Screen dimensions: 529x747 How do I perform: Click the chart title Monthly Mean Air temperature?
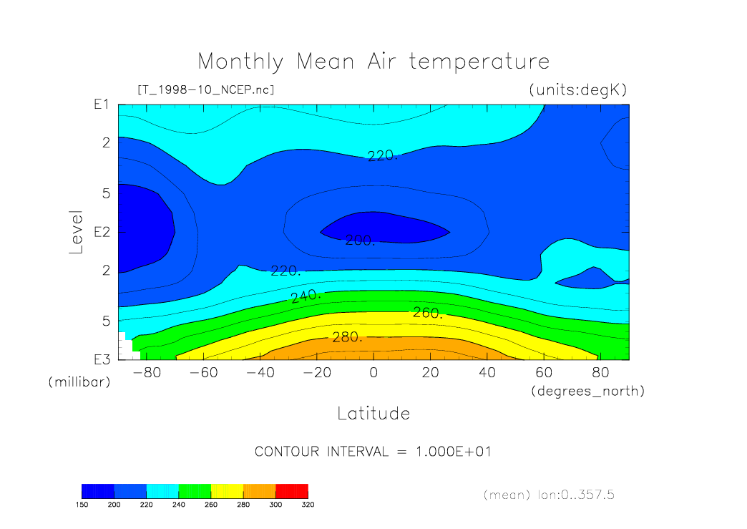373,62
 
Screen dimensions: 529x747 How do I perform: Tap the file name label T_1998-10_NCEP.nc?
205,90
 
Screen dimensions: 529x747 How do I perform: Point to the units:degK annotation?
577,90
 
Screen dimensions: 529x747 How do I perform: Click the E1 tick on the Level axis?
100,105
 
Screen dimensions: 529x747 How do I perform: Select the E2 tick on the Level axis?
100,233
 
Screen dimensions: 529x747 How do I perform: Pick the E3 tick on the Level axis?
100,359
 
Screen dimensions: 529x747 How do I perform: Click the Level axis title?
77,232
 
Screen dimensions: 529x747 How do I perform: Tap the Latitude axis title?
373,414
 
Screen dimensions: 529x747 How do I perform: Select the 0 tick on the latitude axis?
373,373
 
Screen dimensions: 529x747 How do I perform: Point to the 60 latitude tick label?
544,373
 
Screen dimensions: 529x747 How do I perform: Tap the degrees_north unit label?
587,392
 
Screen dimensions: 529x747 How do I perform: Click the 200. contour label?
360,241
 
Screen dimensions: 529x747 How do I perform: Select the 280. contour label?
347,337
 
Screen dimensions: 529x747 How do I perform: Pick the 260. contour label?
428,313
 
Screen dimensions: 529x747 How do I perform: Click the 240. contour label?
306,296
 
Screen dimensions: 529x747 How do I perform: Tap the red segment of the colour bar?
292,491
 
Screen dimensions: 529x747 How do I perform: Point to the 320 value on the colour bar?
308,505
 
